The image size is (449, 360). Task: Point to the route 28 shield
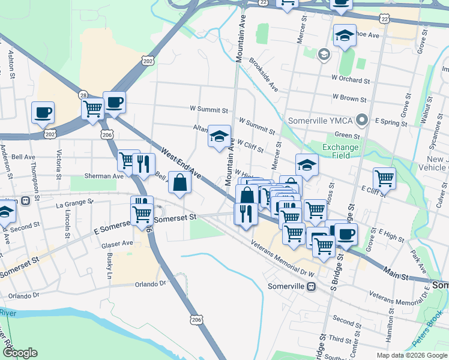tap(83, 95)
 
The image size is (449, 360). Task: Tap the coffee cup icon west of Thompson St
tap(43, 112)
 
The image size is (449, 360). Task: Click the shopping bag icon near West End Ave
tap(180, 182)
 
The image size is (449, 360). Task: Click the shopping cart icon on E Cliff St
tap(384, 178)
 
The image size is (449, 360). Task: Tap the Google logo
tap(20, 353)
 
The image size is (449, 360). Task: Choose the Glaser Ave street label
tap(118, 244)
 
